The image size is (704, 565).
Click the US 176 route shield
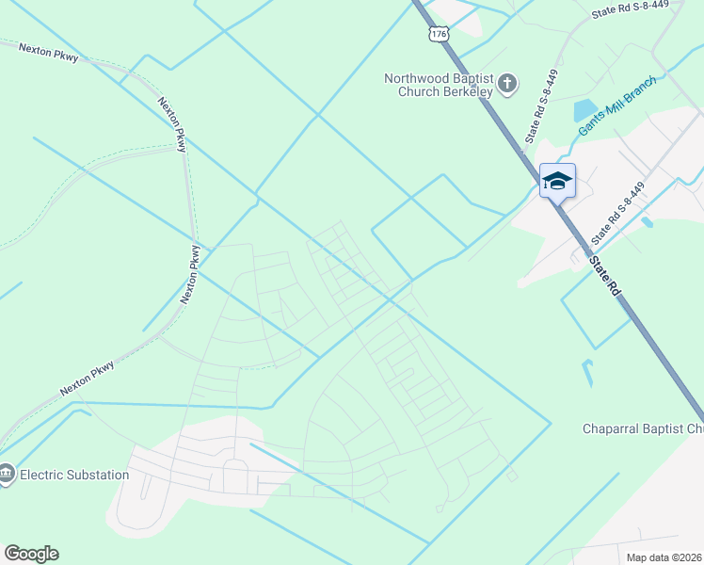(438, 34)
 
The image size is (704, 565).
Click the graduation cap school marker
(557, 180)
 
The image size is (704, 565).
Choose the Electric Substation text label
(74, 475)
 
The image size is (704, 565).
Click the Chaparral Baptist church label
(641, 429)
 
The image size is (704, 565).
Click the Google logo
(31, 553)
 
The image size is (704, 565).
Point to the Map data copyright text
(664, 557)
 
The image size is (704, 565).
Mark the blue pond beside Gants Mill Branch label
(585, 110)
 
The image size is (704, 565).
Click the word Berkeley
(467, 93)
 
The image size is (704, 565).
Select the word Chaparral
(613, 429)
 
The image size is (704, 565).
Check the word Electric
(43, 475)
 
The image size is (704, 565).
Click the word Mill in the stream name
(616, 106)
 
